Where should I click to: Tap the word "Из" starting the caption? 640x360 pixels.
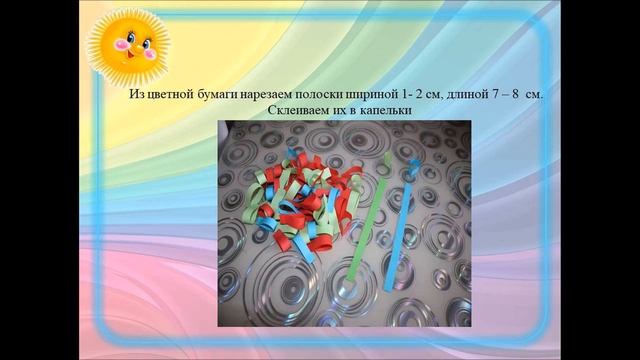138,94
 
